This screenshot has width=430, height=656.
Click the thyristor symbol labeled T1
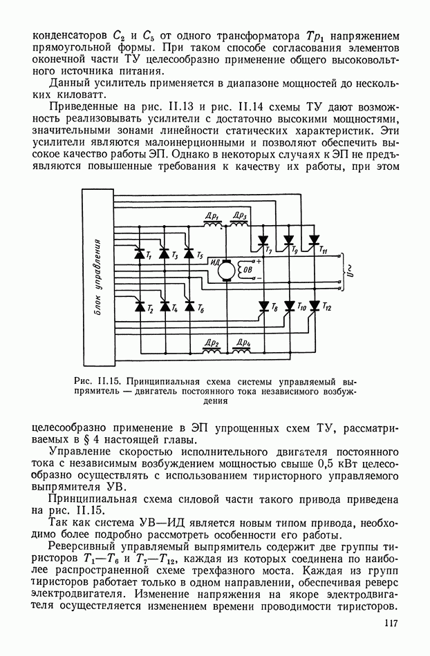tap(138, 253)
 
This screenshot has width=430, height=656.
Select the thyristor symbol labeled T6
tap(188, 305)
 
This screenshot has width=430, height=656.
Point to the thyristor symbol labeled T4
tap(164, 305)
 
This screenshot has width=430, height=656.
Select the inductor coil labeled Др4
tap(241, 351)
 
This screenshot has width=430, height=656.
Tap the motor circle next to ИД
tap(227, 272)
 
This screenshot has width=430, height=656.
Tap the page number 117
tap(389, 625)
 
